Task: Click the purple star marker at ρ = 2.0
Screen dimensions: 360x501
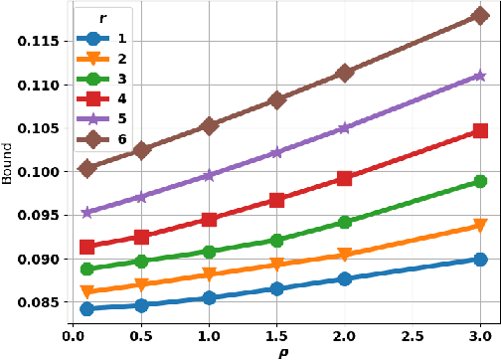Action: tap(345, 128)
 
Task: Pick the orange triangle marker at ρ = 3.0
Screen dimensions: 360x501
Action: tap(480, 226)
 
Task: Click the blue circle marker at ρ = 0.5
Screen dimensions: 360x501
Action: tap(141, 305)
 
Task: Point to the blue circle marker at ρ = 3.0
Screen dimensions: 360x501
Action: tap(480, 259)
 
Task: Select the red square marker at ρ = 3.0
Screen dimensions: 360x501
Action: tap(480, 130)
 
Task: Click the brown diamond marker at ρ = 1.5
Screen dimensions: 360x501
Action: tap(277, 100)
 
